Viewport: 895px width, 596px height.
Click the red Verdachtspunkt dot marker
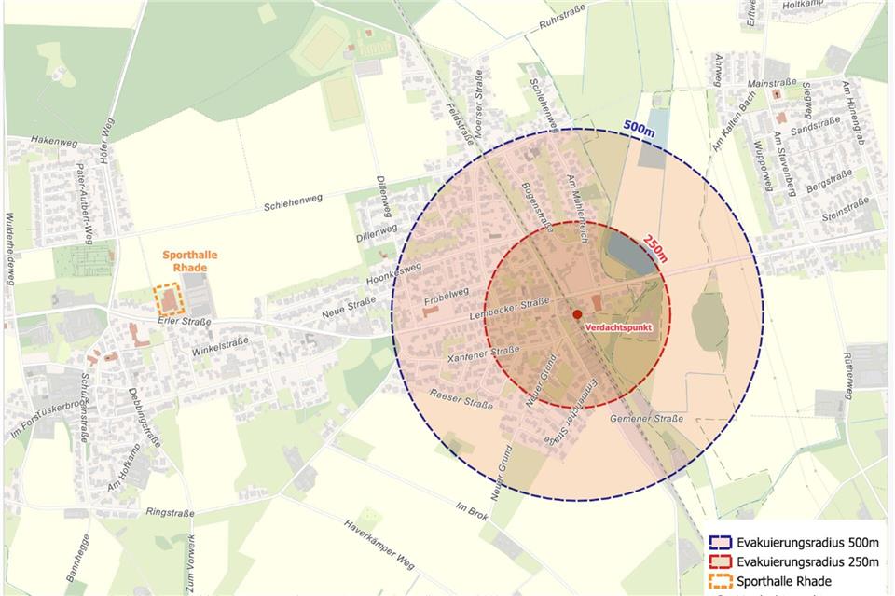click(577, 314)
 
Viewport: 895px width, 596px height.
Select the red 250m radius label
click(657, 249)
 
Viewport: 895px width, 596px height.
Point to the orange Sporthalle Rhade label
click(184, 260)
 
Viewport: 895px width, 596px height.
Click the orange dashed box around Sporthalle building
click(169, 299)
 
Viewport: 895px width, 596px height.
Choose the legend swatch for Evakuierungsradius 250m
click(720, 562)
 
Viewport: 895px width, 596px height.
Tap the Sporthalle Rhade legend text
click(783, 581)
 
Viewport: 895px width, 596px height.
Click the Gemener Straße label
click(646, 419)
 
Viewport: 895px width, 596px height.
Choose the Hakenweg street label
click(53, 140)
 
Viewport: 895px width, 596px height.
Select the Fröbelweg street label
click(446, 298)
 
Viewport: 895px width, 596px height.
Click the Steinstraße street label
click(846, 216)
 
